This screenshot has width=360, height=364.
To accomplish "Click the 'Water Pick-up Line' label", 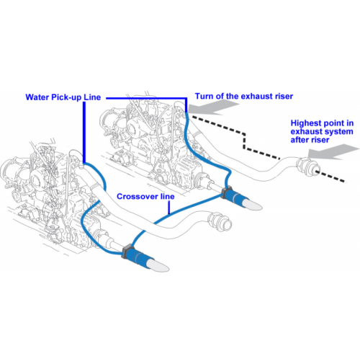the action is click(63, 97).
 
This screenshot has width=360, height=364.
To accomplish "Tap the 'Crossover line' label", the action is click(145, 196).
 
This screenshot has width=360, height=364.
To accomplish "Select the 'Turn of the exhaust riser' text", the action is click(244, 96).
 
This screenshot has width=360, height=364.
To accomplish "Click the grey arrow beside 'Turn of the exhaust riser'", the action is click(213, 107).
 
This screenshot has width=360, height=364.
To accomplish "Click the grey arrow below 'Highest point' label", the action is click(333, 151).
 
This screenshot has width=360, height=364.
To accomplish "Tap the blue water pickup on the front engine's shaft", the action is click(136, 256).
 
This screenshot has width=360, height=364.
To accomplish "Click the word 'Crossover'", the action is click(137, 196).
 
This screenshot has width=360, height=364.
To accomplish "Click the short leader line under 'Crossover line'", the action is click(169, 207).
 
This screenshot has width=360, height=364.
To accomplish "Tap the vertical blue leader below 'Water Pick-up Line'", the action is click(84, 132).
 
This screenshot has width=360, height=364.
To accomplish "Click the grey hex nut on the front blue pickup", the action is click(125, 252).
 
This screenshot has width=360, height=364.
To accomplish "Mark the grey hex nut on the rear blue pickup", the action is click(225, 192).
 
